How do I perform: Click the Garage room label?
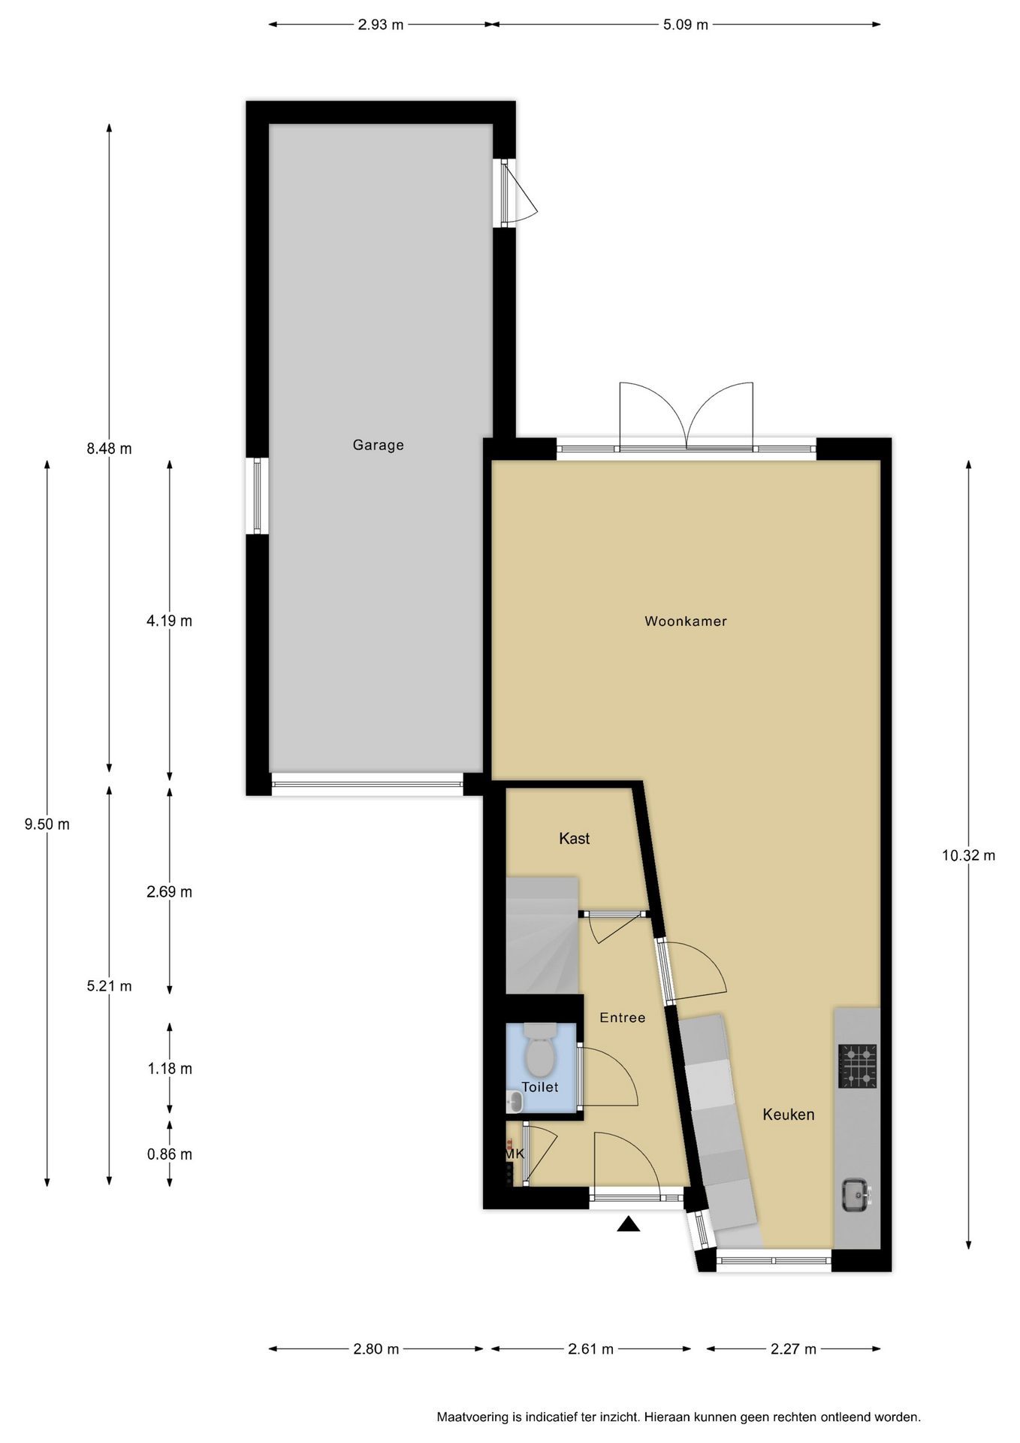[x=378, y=445]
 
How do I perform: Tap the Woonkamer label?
[x=686, y=621]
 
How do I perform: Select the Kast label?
[x=574, y=838]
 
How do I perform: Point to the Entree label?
[x=622, y=1018]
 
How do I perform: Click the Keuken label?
[x=788, y=1114]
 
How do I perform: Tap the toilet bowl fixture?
[x=539, y=1049]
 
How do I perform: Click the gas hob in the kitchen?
[x=858, y=1066]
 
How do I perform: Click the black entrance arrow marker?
[x=629, y=1225]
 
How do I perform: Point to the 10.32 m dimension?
[x=968, y=855]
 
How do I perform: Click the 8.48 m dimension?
[x=109, y=449]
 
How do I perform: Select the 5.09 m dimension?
[x=685, y=25]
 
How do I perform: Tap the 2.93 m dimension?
[x=380, y=25]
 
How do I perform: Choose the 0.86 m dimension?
[x=170, y=1154]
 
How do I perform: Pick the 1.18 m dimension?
[x=170, y=1069]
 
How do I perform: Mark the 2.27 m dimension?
[x=793, y=1349]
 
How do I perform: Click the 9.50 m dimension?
[x=47, y=824]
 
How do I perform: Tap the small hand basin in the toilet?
[x=515, y=1102]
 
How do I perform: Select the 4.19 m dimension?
[x=170, y=621]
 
